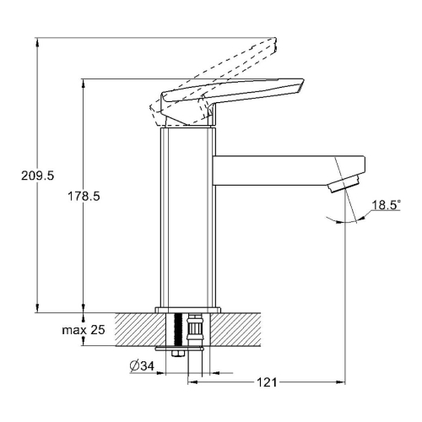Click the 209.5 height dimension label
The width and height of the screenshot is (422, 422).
click(37, 176)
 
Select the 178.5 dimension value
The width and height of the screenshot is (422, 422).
click(84, 196)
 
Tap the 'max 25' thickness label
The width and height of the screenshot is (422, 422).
click(84, 330)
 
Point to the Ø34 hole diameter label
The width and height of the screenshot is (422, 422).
click(142, 366)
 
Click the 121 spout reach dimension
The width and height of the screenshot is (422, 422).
click(267, 382)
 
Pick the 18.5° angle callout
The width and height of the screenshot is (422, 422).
click(386, 205)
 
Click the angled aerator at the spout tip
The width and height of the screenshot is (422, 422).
click(344, 183)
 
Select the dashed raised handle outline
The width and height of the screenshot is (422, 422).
click(214, 82)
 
